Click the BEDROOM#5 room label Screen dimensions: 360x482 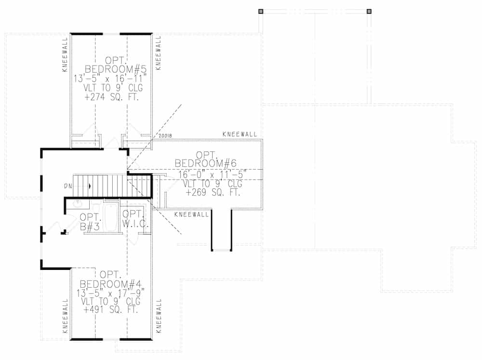click(115, 69)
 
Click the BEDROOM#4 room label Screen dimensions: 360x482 click(110, 283)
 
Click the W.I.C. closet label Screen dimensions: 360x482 click(134, 225)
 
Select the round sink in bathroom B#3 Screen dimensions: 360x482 click(77, 204)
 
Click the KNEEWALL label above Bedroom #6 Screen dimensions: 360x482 click(240, 134)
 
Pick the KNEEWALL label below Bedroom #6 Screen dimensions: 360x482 click(192, 214)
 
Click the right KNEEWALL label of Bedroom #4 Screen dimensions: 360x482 click(159, 317)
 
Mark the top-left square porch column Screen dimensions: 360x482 click(261, 11)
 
